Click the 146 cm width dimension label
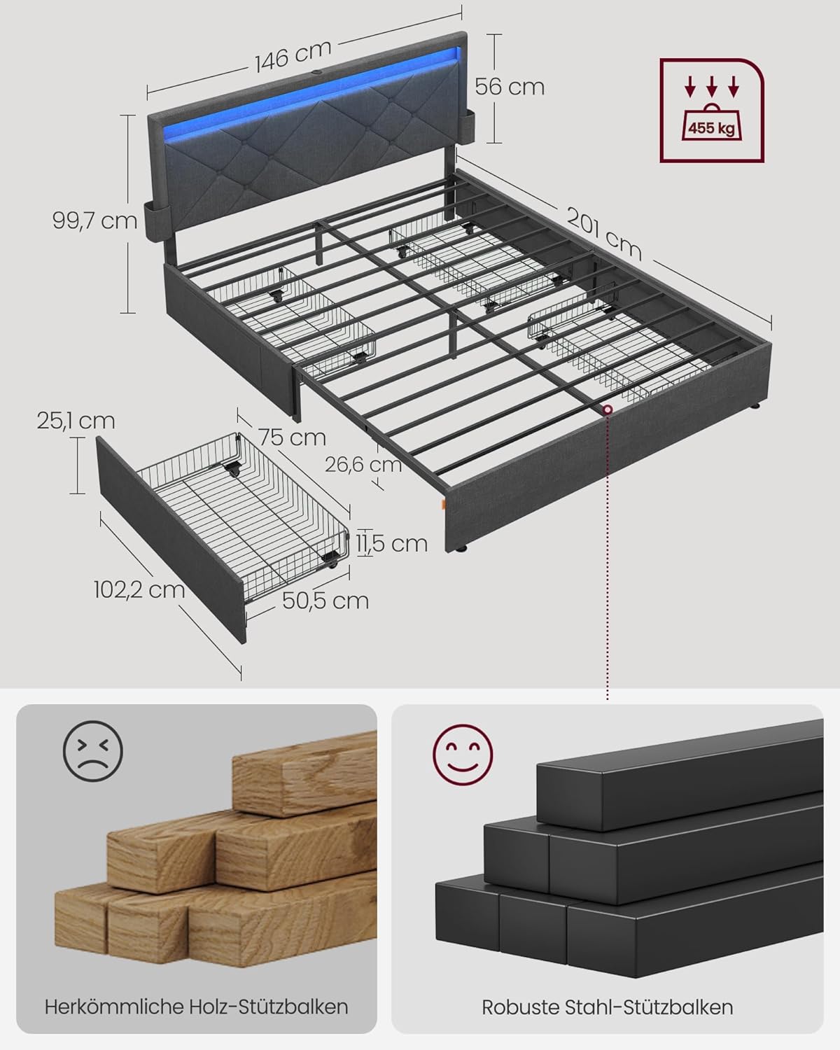292,55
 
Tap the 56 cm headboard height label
509,87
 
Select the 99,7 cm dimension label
94,220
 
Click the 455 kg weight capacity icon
711,111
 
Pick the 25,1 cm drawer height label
76,421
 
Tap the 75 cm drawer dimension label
292,437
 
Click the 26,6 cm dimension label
363,463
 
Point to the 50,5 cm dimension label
325,600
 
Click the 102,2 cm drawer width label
139,589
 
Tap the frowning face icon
92,751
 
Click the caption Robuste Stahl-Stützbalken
607,1007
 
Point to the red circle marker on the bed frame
608,409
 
